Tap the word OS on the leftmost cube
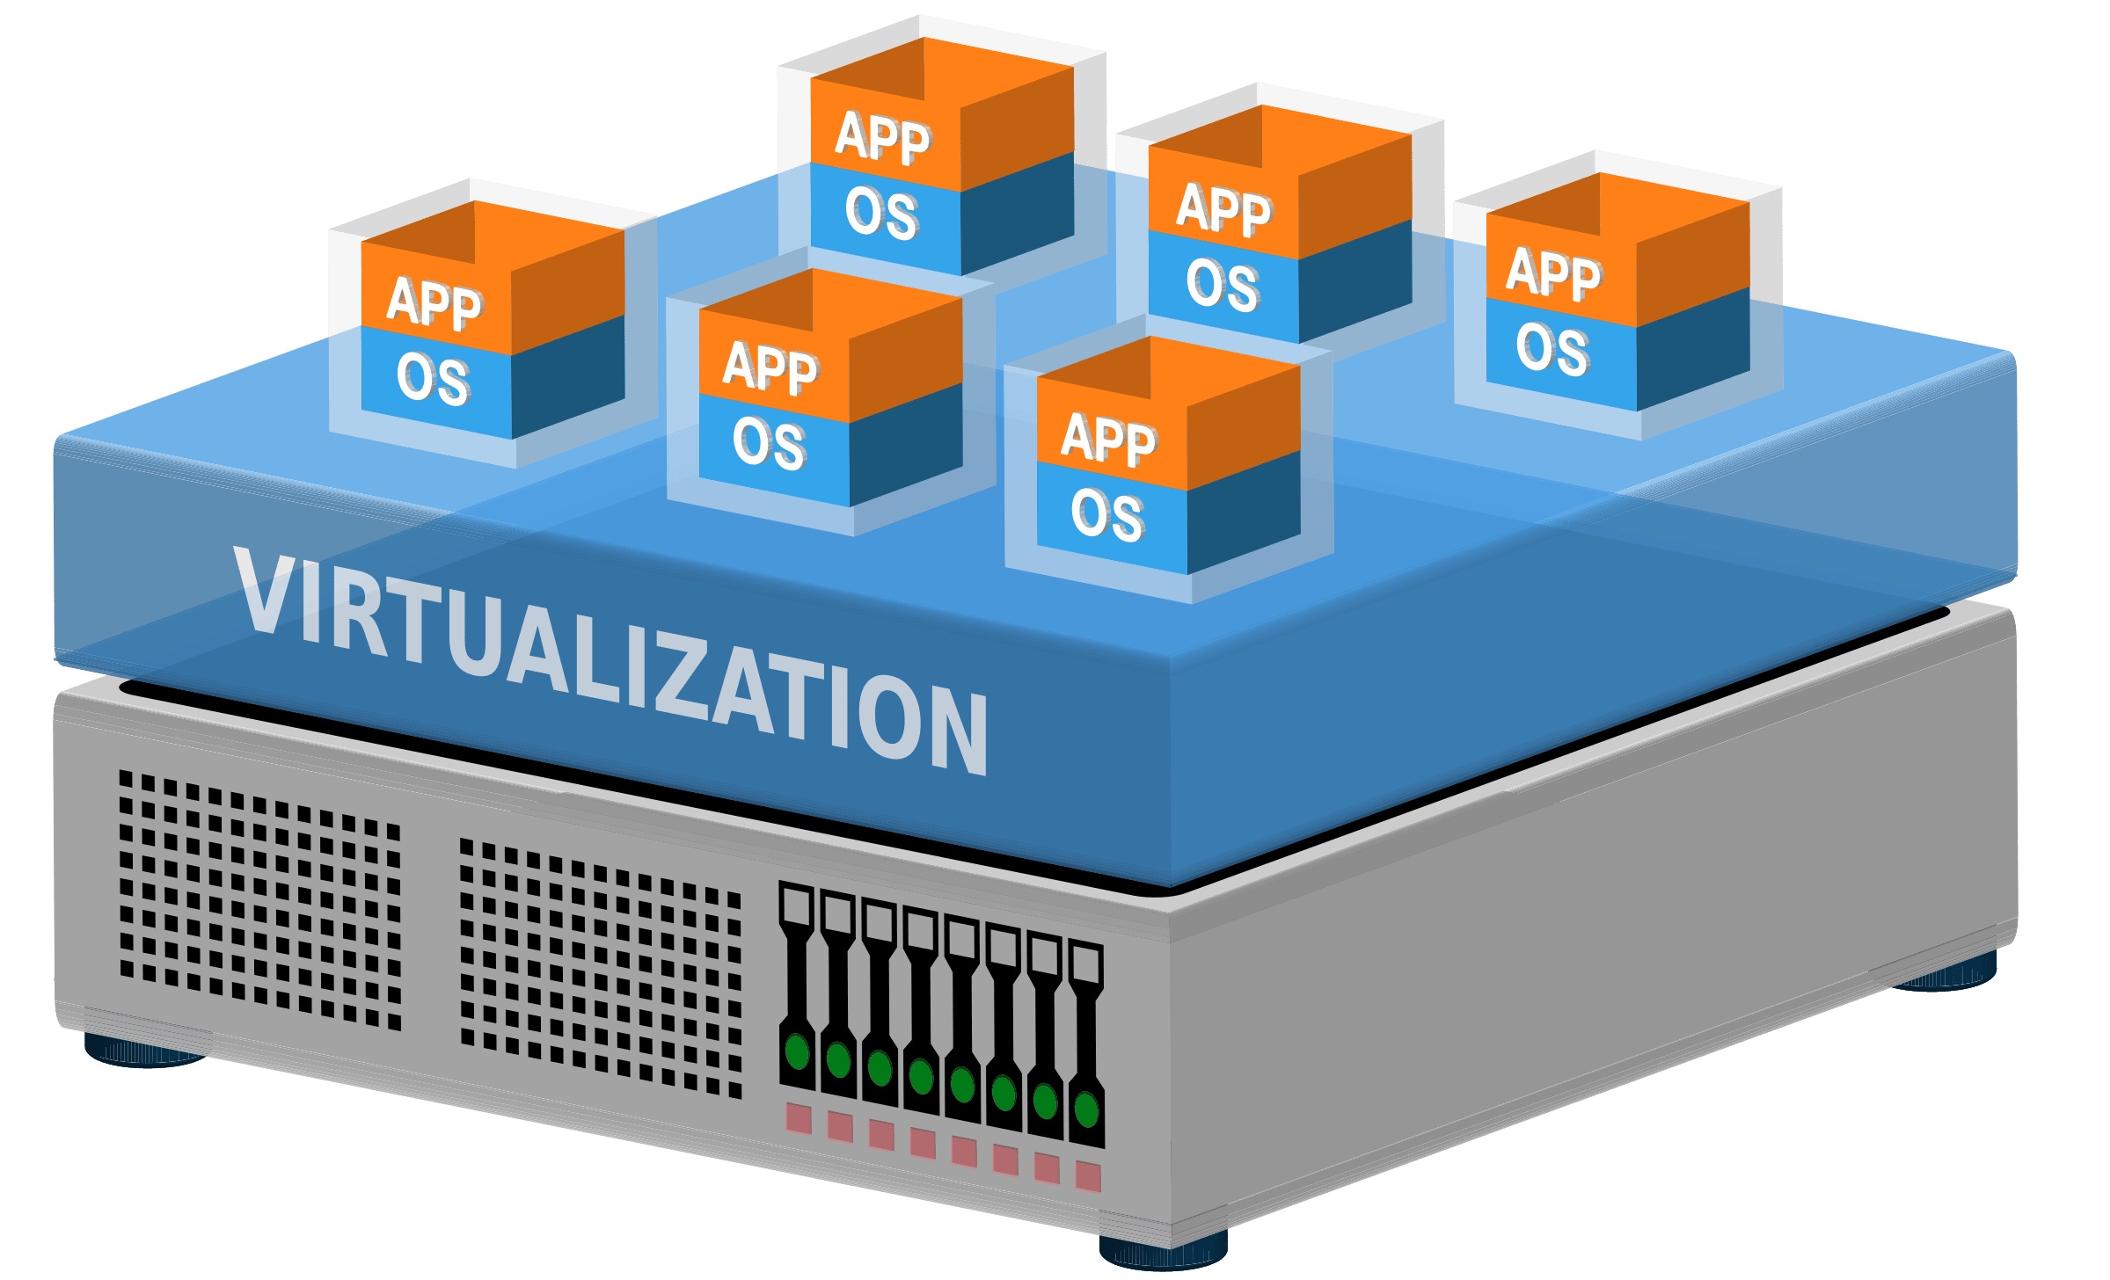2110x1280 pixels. coord(433,379)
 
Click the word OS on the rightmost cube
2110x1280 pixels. coord(1552,349)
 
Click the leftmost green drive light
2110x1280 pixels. coord(797,1051)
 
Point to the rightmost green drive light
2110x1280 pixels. coord(1087,1109)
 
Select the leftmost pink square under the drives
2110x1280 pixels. coord(799,1119)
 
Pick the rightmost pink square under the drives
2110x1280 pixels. coord(1088,1176)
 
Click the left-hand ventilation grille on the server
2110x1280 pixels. coord(260,900)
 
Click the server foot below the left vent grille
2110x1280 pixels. coord(146,1051)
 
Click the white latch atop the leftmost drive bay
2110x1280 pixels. coord(798,905)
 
